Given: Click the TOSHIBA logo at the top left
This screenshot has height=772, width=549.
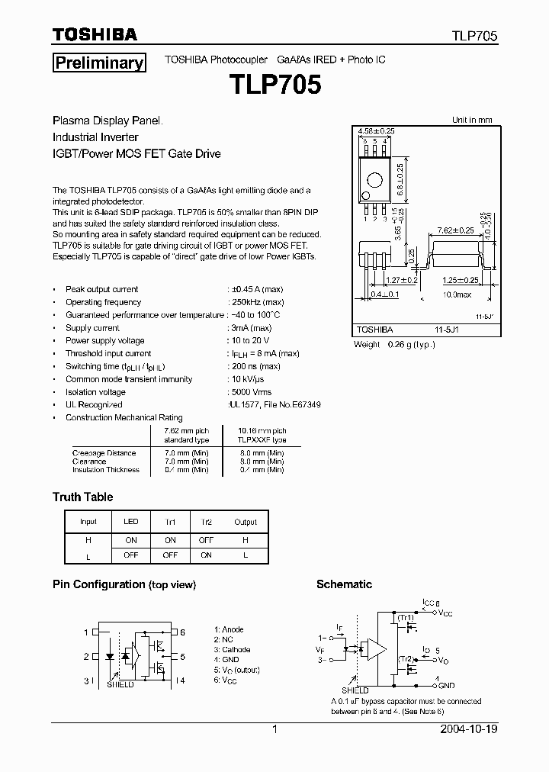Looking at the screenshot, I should tap(95, 34).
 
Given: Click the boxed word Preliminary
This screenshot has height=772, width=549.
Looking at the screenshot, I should tap(98, 63).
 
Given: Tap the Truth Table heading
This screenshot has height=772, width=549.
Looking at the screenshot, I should tap(82, 497).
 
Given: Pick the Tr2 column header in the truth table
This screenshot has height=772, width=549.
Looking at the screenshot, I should tap(206, 522).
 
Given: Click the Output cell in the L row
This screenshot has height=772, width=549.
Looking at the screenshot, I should tap(246, 555).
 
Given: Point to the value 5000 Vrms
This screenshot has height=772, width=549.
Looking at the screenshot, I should tap(250, 392).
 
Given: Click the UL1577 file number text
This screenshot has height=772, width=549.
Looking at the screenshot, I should tap(274, 405).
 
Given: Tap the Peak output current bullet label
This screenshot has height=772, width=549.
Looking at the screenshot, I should tap(101, 289).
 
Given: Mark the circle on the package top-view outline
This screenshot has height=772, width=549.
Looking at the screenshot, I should tap(374, 180).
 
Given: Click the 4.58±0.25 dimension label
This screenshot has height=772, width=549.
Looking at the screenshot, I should tap(376, 132).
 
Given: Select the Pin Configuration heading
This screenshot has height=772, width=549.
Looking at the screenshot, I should tap(124, 584).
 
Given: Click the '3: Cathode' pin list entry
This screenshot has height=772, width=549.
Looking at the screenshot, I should tap(233, 649).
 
